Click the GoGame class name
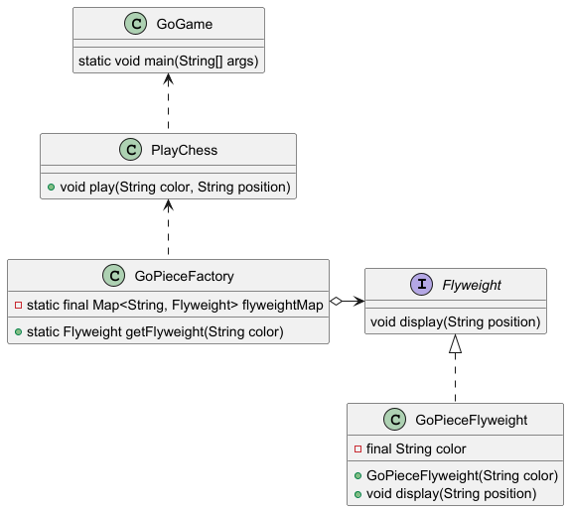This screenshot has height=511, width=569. pyautogui.click(x=185, y=24)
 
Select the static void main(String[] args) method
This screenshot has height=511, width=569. pyautogui.click(x=169, y=61)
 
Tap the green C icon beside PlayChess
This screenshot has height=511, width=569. pyautogui.click(x=131, y=150)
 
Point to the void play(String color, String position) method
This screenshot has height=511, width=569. pyautogui.click(x=176, y=188)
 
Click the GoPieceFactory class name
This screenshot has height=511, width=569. pyautogui.click(x=184, y=276)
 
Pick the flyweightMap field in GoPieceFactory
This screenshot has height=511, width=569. pyautogui.click(x=175, y=305)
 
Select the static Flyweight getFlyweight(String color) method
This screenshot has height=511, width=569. pyautogui.click(x=155, y=331)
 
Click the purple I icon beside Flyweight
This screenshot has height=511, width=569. pyautogui.click(x=422, y=285)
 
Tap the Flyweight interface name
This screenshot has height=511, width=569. pyautogui.click(x=472, y=285)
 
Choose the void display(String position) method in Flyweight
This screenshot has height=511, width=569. pyautogui.click(x=456, y=322)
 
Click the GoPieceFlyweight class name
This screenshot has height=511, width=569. pyautogui.click(x=472, y=420)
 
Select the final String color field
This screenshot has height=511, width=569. pyautogui.click(x=416, y=448)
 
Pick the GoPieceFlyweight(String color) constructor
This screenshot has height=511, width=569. pyautogui.click(x=462, y=475)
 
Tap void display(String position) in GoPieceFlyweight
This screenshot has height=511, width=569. pyautogui.click(x=452, y=493)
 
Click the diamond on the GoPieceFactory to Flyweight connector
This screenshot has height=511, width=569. pyautogui.click(x=336, y=301)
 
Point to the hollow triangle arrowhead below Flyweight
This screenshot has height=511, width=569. pyautogui.click(x=456, y=343)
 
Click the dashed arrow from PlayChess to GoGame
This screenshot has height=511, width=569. pyautogui.click(x=168, y=101)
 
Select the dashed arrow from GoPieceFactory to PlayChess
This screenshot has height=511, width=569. pyautogui.click(x=168, y=227)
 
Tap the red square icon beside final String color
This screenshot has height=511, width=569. pyautogui.click(x=357, y=448)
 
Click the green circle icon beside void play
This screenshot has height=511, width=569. pyautogui.click(x=52, y=188)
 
